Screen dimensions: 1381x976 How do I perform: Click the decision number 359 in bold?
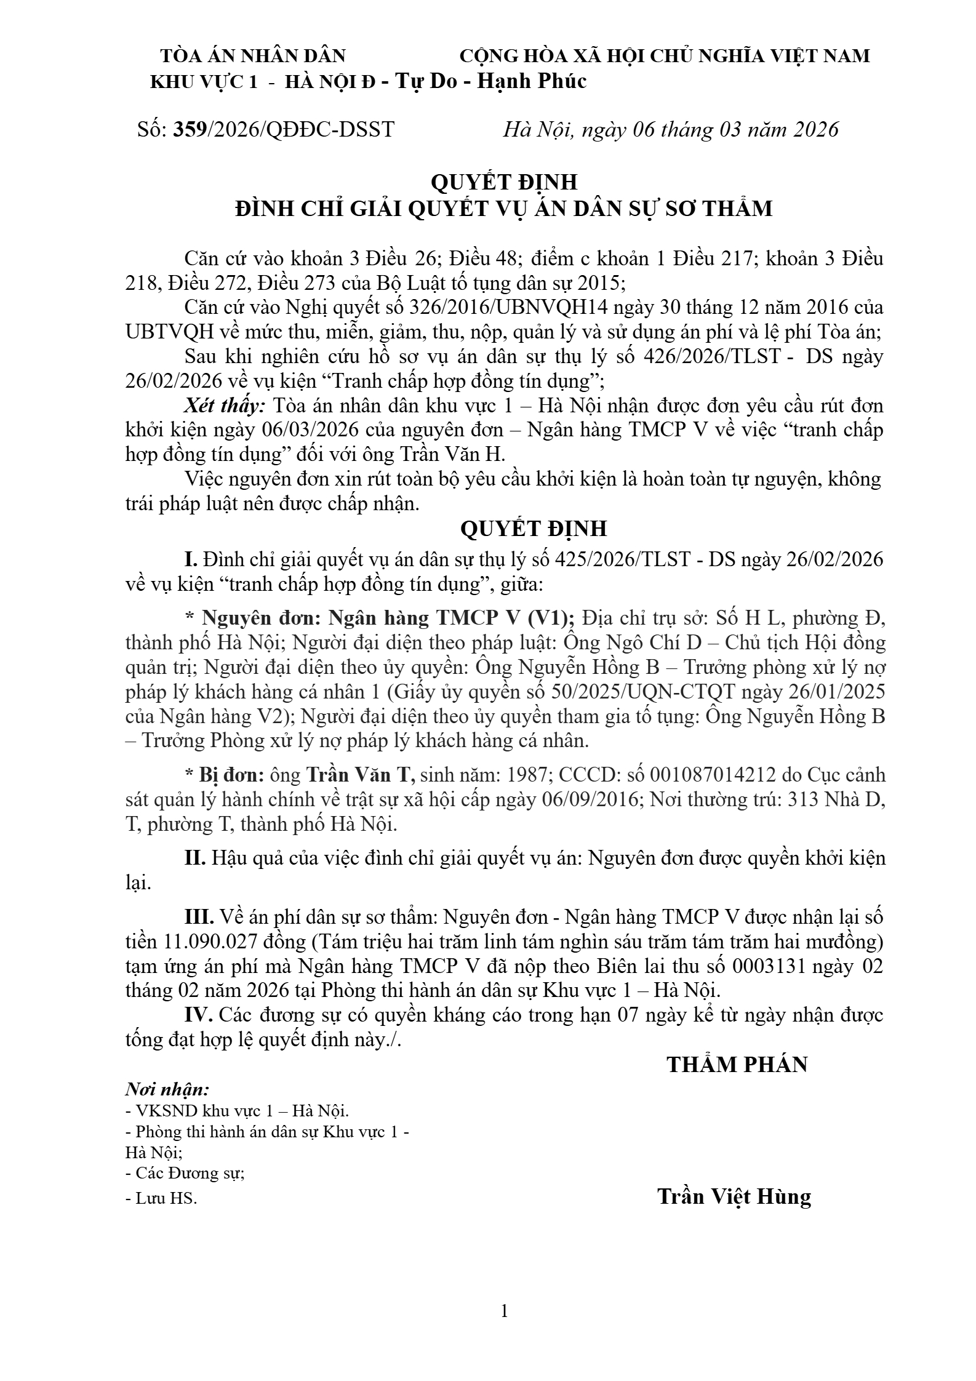coord(190,130)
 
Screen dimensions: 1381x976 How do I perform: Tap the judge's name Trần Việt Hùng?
coord(734,1196)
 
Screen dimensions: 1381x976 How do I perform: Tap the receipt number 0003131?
coord(769,966)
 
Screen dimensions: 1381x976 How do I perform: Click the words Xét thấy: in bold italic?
coord(225,406)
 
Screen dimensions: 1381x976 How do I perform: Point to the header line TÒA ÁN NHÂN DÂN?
coord(253,56)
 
